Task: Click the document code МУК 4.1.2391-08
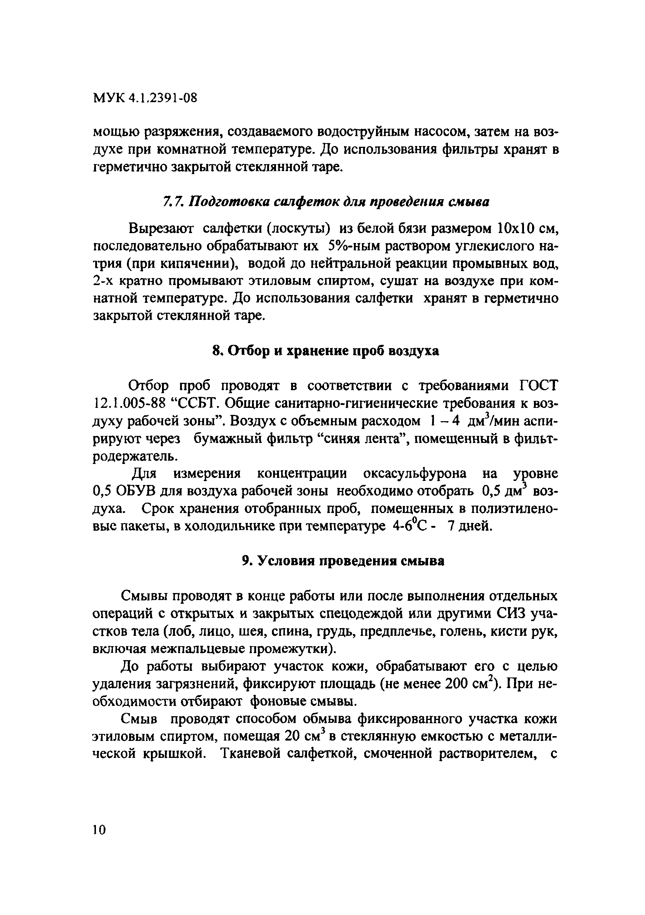(x=145, y=98)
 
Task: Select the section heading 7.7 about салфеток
(x=326, y=202)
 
